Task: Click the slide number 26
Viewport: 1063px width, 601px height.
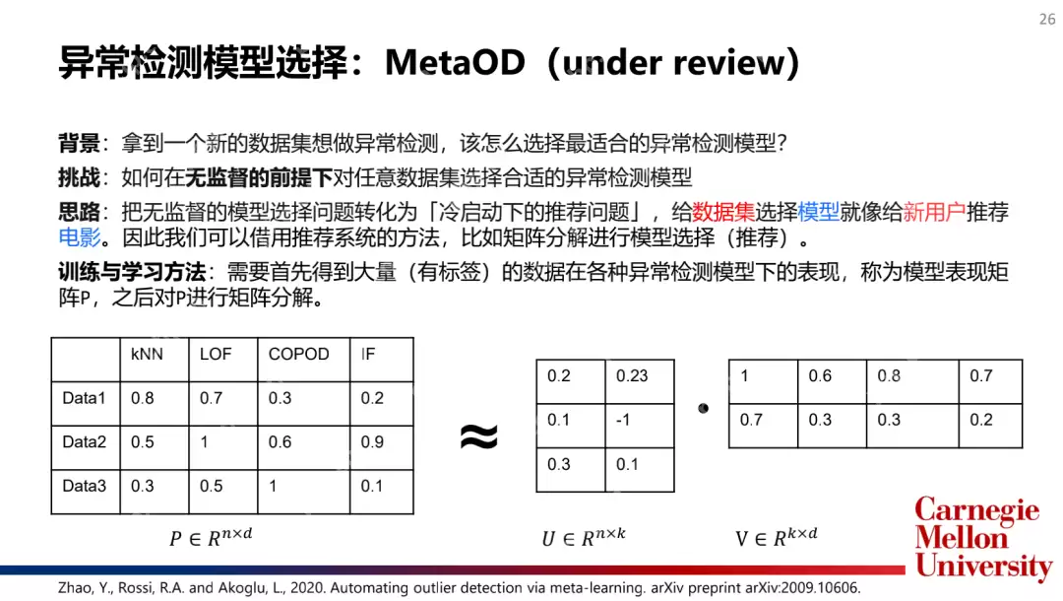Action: click(1046, 20)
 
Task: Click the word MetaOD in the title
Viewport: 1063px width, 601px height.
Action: click(457, 63)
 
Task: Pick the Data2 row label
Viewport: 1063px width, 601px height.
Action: click(84, 442)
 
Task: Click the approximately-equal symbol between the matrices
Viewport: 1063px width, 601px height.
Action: click(479, 436)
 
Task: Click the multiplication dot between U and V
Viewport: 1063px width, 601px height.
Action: click(703, 407)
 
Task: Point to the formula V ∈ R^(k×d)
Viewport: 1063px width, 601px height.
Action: click(777, 537)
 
